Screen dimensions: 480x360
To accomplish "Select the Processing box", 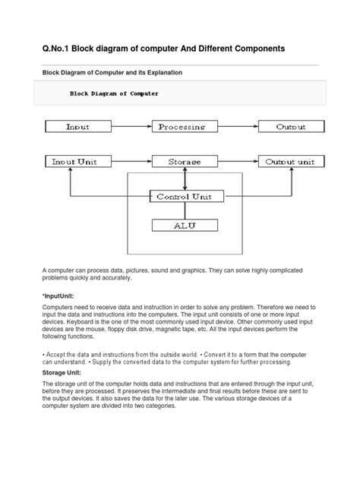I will (187, 127).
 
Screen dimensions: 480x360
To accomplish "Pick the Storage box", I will (185, 162).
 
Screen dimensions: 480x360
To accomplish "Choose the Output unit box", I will (289, 162).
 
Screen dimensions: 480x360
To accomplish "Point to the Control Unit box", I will (185, 197).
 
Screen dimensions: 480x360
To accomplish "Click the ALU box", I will (185, 225).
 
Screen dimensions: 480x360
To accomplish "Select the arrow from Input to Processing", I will (131, 127).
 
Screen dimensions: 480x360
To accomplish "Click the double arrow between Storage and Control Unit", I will (185, 179).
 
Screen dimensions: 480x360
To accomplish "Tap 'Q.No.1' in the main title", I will (59, 49).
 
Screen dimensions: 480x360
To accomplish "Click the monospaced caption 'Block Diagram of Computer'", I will (114, 94).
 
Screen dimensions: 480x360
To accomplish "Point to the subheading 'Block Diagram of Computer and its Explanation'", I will (112, 72).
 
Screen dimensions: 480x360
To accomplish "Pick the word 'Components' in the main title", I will (251, 49).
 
